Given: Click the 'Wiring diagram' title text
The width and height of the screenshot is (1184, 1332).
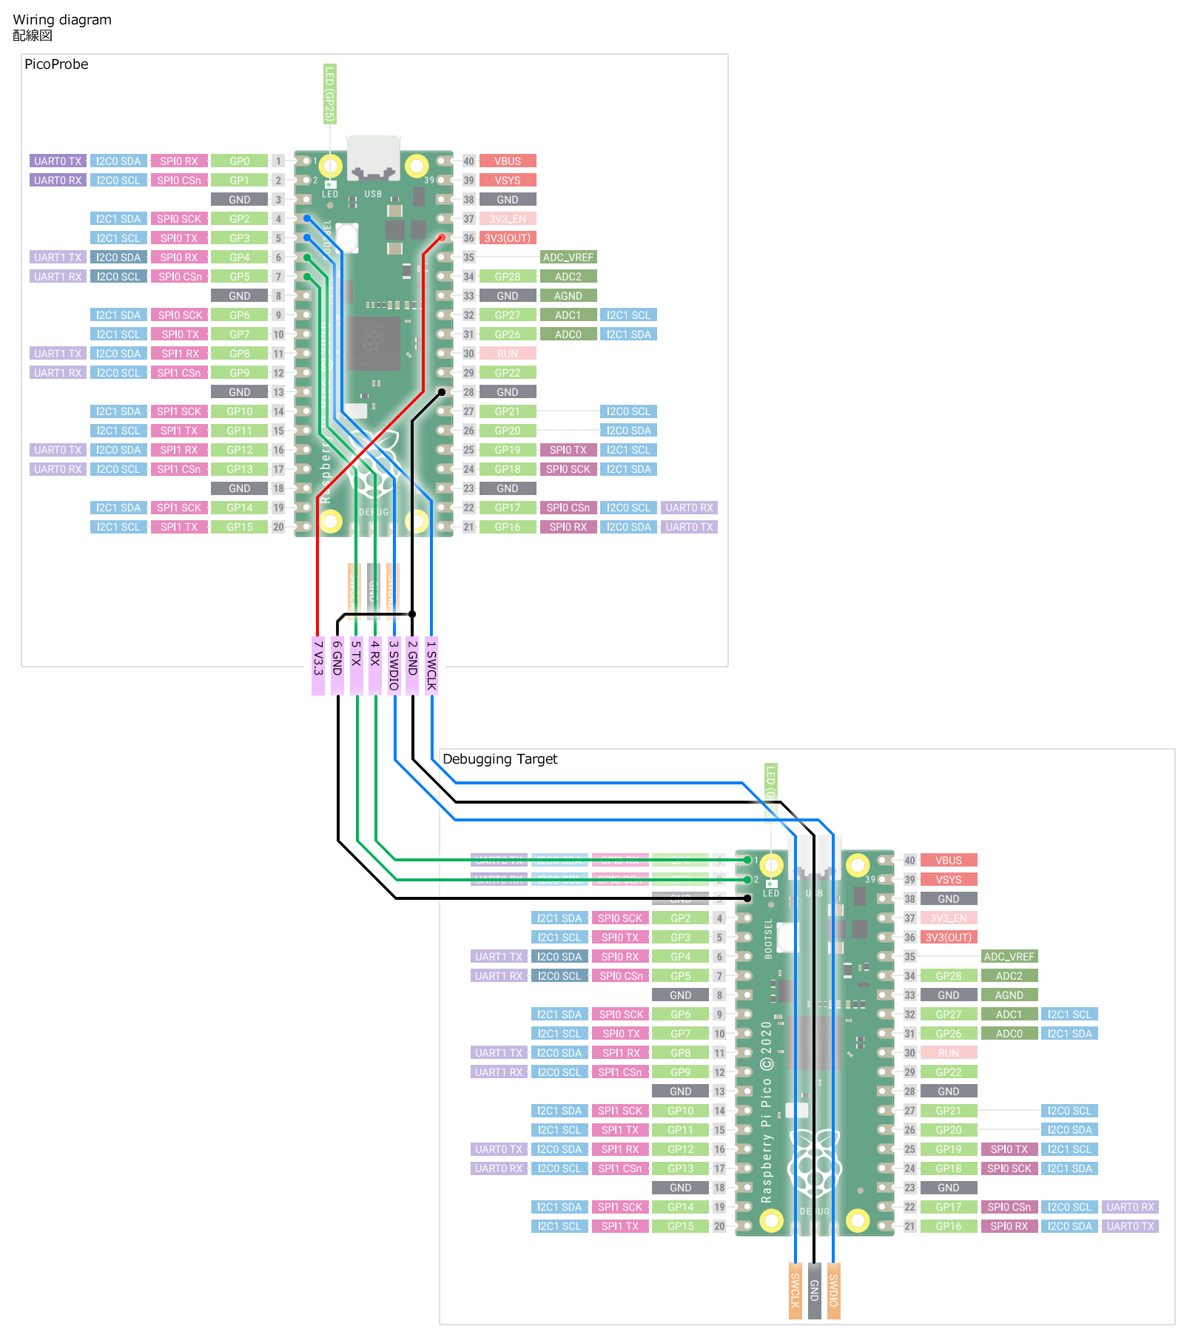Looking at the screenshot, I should coord(62,20).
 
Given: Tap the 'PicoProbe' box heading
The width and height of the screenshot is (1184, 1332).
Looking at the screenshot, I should coord(56,64).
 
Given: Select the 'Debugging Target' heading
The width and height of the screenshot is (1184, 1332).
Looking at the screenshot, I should coord(499,759).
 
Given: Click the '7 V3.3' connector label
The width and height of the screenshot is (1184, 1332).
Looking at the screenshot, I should coord(318,665).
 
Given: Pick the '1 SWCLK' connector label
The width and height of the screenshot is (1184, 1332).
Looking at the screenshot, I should coord(431,665).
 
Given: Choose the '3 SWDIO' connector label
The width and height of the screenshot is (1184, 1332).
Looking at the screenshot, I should coord(394,665).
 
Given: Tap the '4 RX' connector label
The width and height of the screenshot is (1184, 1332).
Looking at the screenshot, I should coord(375,665).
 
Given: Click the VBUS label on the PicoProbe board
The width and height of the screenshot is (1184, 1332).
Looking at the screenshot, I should coord(508,161).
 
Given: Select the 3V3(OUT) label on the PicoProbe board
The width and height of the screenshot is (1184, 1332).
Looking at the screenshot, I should coord(508,238).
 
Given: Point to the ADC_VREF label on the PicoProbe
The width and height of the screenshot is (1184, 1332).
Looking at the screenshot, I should coord(568,258).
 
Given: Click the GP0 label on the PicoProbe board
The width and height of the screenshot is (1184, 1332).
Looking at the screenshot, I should coord(239,161).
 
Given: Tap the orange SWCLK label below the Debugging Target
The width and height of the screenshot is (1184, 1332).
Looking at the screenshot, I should coord(795,1290).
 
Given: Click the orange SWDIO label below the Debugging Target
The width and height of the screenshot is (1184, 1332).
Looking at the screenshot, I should coord(833,1290).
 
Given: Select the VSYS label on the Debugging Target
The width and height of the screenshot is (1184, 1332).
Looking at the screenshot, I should coord(948,880).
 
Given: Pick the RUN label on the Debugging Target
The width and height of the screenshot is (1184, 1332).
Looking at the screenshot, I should coord(948,1053).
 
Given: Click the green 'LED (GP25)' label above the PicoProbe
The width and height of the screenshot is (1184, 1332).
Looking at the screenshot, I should coord(330,94).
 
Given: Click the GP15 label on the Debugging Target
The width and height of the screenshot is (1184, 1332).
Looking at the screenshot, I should coord(680,1226).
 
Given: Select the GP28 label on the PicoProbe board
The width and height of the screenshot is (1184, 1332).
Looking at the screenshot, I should coord(508,277).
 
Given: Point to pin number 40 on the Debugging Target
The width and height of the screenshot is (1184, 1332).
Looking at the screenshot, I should coord(909,861).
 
